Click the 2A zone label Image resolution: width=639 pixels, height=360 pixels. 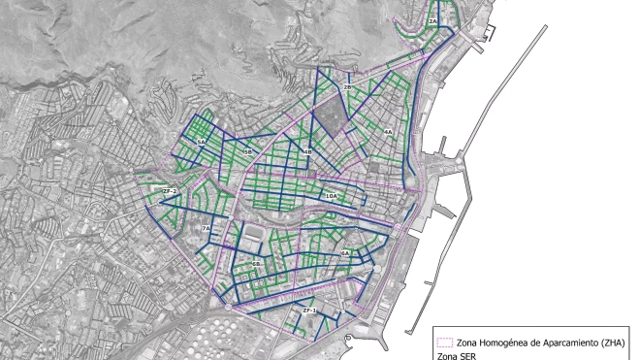(433, 20)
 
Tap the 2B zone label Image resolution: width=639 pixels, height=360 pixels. (348, 87)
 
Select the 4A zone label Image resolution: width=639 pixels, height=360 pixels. (387, 131)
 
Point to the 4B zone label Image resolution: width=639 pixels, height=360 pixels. (307, 152)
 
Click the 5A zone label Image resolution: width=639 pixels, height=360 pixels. (202, 142)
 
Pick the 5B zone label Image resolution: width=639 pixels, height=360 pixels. (248, 152)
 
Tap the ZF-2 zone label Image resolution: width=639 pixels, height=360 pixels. (170, 191)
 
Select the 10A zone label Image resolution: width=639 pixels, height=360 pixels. (332, 196)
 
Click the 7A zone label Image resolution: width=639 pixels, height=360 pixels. (206, 228)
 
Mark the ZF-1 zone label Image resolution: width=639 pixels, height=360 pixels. (309, 310)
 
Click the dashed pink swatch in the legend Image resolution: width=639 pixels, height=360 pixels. (446, 343)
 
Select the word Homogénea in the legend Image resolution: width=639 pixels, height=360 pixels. (508, 343)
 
